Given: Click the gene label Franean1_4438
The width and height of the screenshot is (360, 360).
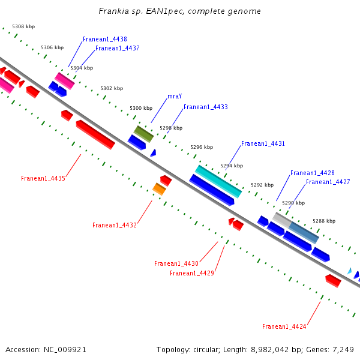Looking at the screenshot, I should (x=104, y=39).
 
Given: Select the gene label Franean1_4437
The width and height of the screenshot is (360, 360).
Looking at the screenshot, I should (x=117, y=48).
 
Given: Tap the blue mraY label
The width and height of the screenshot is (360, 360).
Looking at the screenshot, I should (x=175, y=96).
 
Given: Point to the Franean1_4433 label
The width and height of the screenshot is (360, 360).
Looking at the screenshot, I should (x=205, y=107).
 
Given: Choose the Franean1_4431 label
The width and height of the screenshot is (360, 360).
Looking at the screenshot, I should (x=263, y=144).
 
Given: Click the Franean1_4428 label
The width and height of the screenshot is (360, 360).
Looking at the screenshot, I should (x=312, y=173).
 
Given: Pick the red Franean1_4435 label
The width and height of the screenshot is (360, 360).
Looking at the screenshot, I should (x=43, y=178).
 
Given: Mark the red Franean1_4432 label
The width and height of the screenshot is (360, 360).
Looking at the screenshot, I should (x=114, y=225).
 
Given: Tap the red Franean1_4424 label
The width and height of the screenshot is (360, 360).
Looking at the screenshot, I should (x=284, y=326).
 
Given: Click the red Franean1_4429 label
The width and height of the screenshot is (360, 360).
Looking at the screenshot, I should (x=191, y=273).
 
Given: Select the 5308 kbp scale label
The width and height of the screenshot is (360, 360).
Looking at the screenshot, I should (x=23, y=27).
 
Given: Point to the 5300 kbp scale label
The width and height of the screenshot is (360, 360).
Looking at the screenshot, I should (x=141, y=108).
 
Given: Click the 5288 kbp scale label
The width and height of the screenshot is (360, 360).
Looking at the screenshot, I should (x=324, y=221).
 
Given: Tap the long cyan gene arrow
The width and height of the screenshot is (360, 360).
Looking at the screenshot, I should (x=218, y=181).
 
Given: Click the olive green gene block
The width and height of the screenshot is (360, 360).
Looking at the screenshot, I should (x=143, y=134).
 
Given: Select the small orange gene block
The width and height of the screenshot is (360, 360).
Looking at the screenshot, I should (x=159, y=189).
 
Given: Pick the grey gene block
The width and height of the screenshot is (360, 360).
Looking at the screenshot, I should (x=282, y=220).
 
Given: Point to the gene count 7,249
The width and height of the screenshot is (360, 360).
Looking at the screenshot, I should (x=342, y=349).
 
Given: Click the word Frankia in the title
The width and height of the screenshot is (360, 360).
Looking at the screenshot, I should (x=114, y=11).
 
